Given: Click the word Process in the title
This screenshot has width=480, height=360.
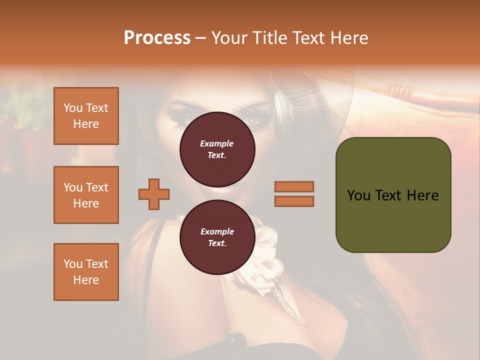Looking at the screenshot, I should pos(157,38).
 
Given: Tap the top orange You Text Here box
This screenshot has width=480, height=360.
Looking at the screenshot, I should pos(86,116).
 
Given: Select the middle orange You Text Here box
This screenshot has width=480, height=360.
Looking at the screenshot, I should pos(86,195).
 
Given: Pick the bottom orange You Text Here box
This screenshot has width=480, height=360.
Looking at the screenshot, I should pos(86,272).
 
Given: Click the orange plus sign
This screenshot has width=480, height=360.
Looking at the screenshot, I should pos(154,194).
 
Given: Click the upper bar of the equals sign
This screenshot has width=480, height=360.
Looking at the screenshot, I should pos(294,186).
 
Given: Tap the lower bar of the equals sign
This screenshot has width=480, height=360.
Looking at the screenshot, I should pos(294,201).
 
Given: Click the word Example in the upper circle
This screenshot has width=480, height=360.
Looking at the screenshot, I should pos(217,143).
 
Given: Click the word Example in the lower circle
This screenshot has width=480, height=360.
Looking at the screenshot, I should pos(217,231).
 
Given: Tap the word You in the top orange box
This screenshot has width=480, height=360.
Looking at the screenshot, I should pos(73,108).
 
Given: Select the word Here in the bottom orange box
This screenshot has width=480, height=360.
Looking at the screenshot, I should pos(86,280).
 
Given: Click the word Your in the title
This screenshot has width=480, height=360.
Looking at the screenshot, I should pos(229,38).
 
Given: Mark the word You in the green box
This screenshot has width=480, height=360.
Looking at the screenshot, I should pos(359,195).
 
